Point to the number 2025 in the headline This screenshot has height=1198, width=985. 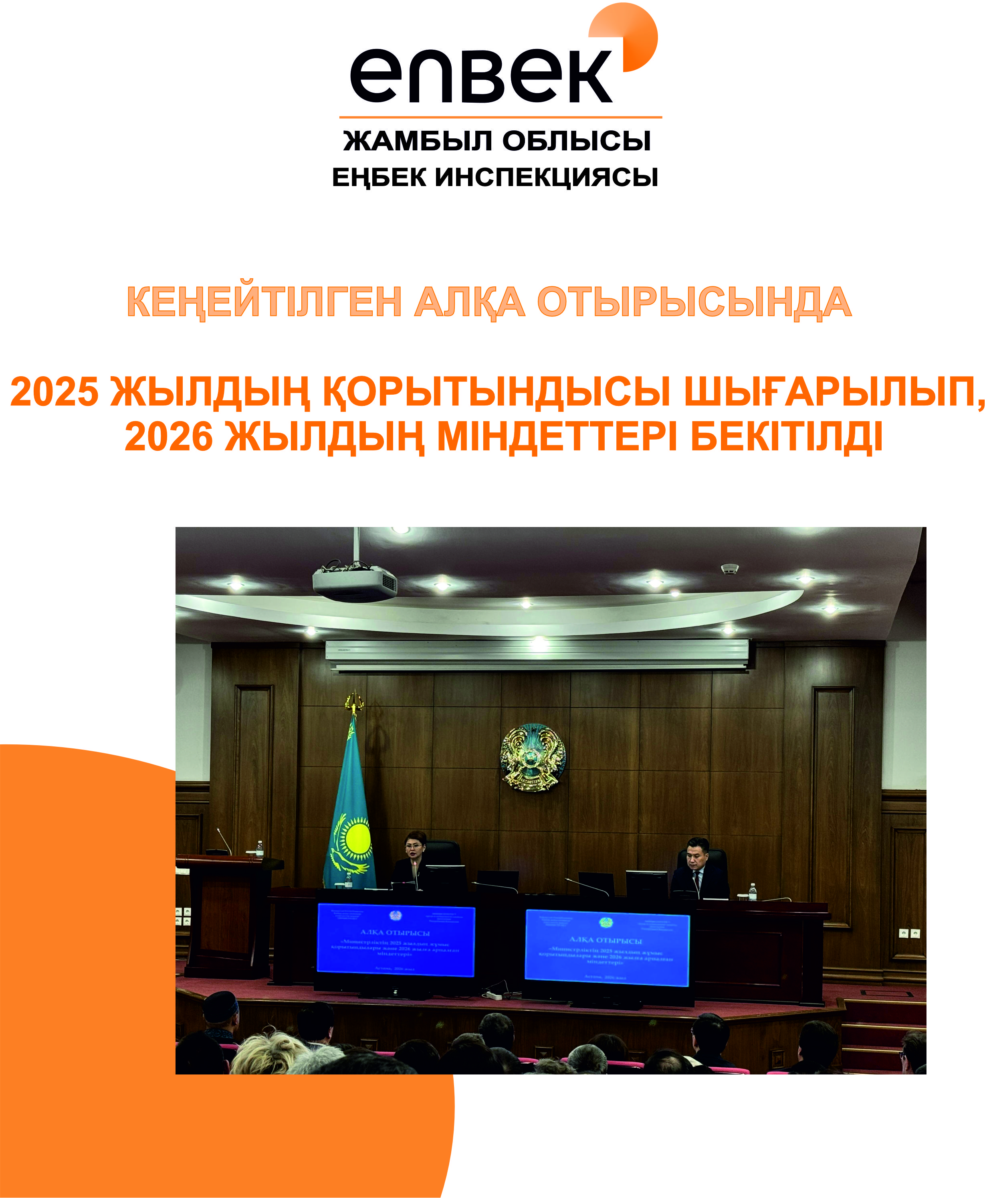pyautogui.click(x=54, y=391)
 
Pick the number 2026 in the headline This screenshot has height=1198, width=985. pyautogui.click(x=169, y=437)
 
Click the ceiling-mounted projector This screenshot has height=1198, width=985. pyautogui.click(x=355, y=582)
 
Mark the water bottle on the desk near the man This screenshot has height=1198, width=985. pyautogui.click(x=752, y=892)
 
